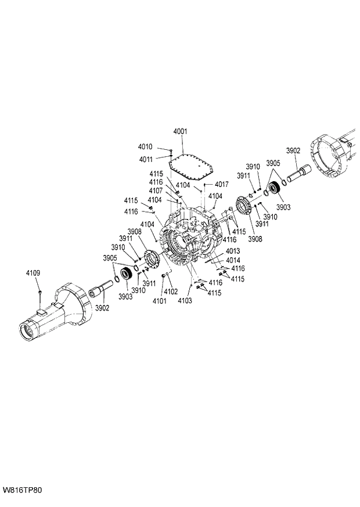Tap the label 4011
145,159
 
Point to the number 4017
221,185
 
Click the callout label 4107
155,190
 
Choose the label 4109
33,272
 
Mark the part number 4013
233,251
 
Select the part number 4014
233,260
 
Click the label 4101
159,301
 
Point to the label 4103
185,301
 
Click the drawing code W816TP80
22,490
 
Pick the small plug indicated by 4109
39,291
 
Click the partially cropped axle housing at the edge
334,156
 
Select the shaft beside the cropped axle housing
298,173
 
